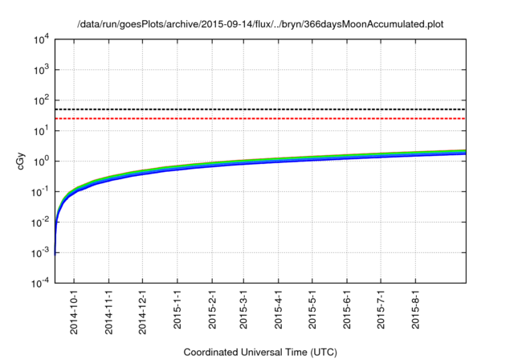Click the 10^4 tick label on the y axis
(x=40, y=39)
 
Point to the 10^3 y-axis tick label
(x=40, y=70)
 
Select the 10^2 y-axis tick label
(x=40, y=100)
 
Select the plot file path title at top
(x=260, y=25)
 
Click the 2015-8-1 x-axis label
(x=414, y=313)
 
